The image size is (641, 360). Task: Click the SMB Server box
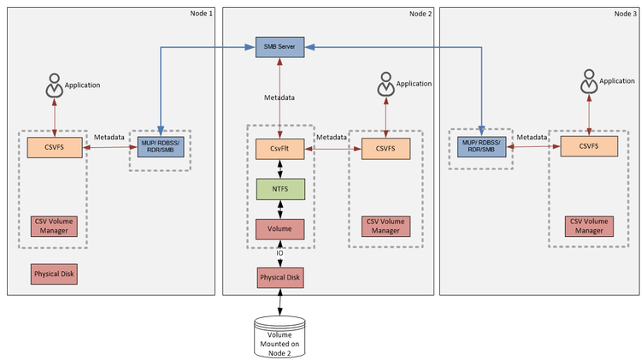click(x=280, y=46)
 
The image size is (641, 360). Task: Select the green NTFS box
click(x=280, y=188)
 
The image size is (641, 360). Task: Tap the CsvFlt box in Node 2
click(x=280, y=149)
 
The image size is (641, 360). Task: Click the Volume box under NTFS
click(x=280, y=228)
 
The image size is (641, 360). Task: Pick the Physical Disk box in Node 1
click(x=56, y=274)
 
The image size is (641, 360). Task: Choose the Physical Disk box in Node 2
click(x=280, y=277)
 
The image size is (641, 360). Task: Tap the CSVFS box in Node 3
click(x=588, y=146)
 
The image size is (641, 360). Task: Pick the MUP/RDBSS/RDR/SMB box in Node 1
click(x=161, y=146)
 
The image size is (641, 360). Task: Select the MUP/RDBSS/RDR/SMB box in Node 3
click(x=481, y=146)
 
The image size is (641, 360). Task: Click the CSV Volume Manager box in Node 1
click(x=56, y=226)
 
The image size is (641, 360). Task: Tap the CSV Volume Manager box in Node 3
click(x=588, y=226)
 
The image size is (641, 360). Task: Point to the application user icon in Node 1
click(x=54, y=86)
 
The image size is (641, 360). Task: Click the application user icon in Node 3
click(x=587, y=82)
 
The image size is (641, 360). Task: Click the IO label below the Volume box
click(x=279, y=254)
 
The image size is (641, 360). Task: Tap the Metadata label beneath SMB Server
click(x=279, y=98)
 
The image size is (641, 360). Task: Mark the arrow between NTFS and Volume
click(x=280, y=209)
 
